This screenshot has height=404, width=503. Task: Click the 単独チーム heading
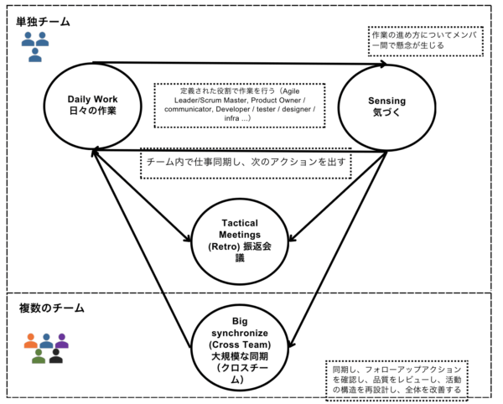click(x=43, y=22)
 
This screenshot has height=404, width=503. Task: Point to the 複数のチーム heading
click(x=52, y=308)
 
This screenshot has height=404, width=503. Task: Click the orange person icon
click(x=31, y=341)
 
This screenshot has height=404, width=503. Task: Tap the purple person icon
click(x=61, y=341)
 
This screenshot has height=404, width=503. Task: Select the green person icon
click(x=39, y=356)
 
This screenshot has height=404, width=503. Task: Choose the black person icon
click(x=56, y=356)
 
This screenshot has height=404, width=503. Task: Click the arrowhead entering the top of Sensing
click(x=383, y=64)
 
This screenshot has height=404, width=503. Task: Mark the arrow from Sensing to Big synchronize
click(x=339, y=249)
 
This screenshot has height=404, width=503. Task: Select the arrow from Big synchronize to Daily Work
click(x=141, y=248)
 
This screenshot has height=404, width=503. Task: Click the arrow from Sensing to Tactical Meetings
click(x=338, y=196)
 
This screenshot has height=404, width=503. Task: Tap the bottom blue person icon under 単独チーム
click(x=35, y=54)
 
